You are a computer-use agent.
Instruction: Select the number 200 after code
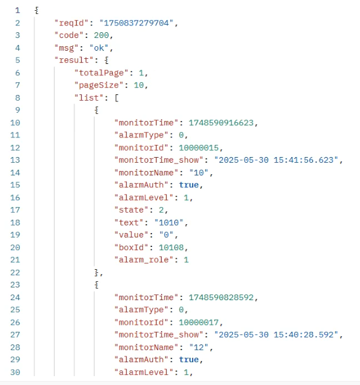click(101, 35)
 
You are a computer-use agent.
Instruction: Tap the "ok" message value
click(99, 48)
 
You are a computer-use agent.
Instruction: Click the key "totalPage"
click(101, 73)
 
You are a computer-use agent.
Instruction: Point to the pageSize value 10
click(139, 85)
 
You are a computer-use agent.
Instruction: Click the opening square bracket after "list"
click(117, 98)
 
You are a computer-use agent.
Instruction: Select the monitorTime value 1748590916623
click(221, 123)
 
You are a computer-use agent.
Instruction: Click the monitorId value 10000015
click(198, 148)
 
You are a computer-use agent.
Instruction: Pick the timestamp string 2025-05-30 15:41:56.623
click(276, 160)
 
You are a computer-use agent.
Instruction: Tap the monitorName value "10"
click(198, 173)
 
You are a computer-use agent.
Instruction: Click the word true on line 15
click(189, 185)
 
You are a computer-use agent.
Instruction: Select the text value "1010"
click(169, 222)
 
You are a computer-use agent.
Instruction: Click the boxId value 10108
click(171, 248)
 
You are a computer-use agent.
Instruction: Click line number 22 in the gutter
click(15, 272)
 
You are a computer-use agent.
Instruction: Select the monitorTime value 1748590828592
click(221, 298)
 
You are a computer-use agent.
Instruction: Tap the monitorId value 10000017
click(198, 322)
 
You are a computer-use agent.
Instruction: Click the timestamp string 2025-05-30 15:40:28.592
click(276, 335)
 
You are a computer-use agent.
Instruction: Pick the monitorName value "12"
click(198, 348)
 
